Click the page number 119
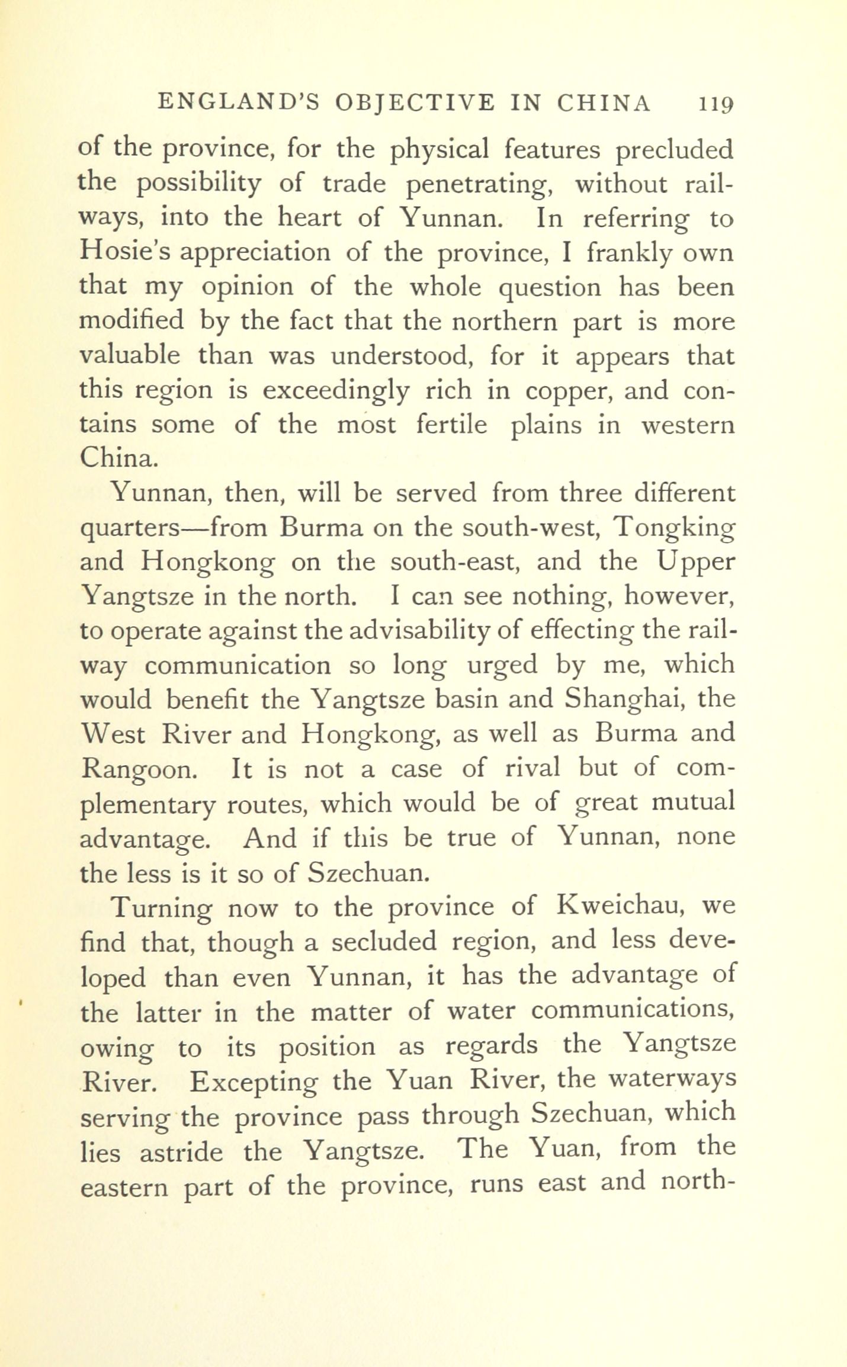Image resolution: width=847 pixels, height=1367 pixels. click(x=716, y=104)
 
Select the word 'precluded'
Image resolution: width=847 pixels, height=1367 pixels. click(x=674, y=150)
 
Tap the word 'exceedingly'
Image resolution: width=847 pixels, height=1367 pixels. click(x=336, y=391)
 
